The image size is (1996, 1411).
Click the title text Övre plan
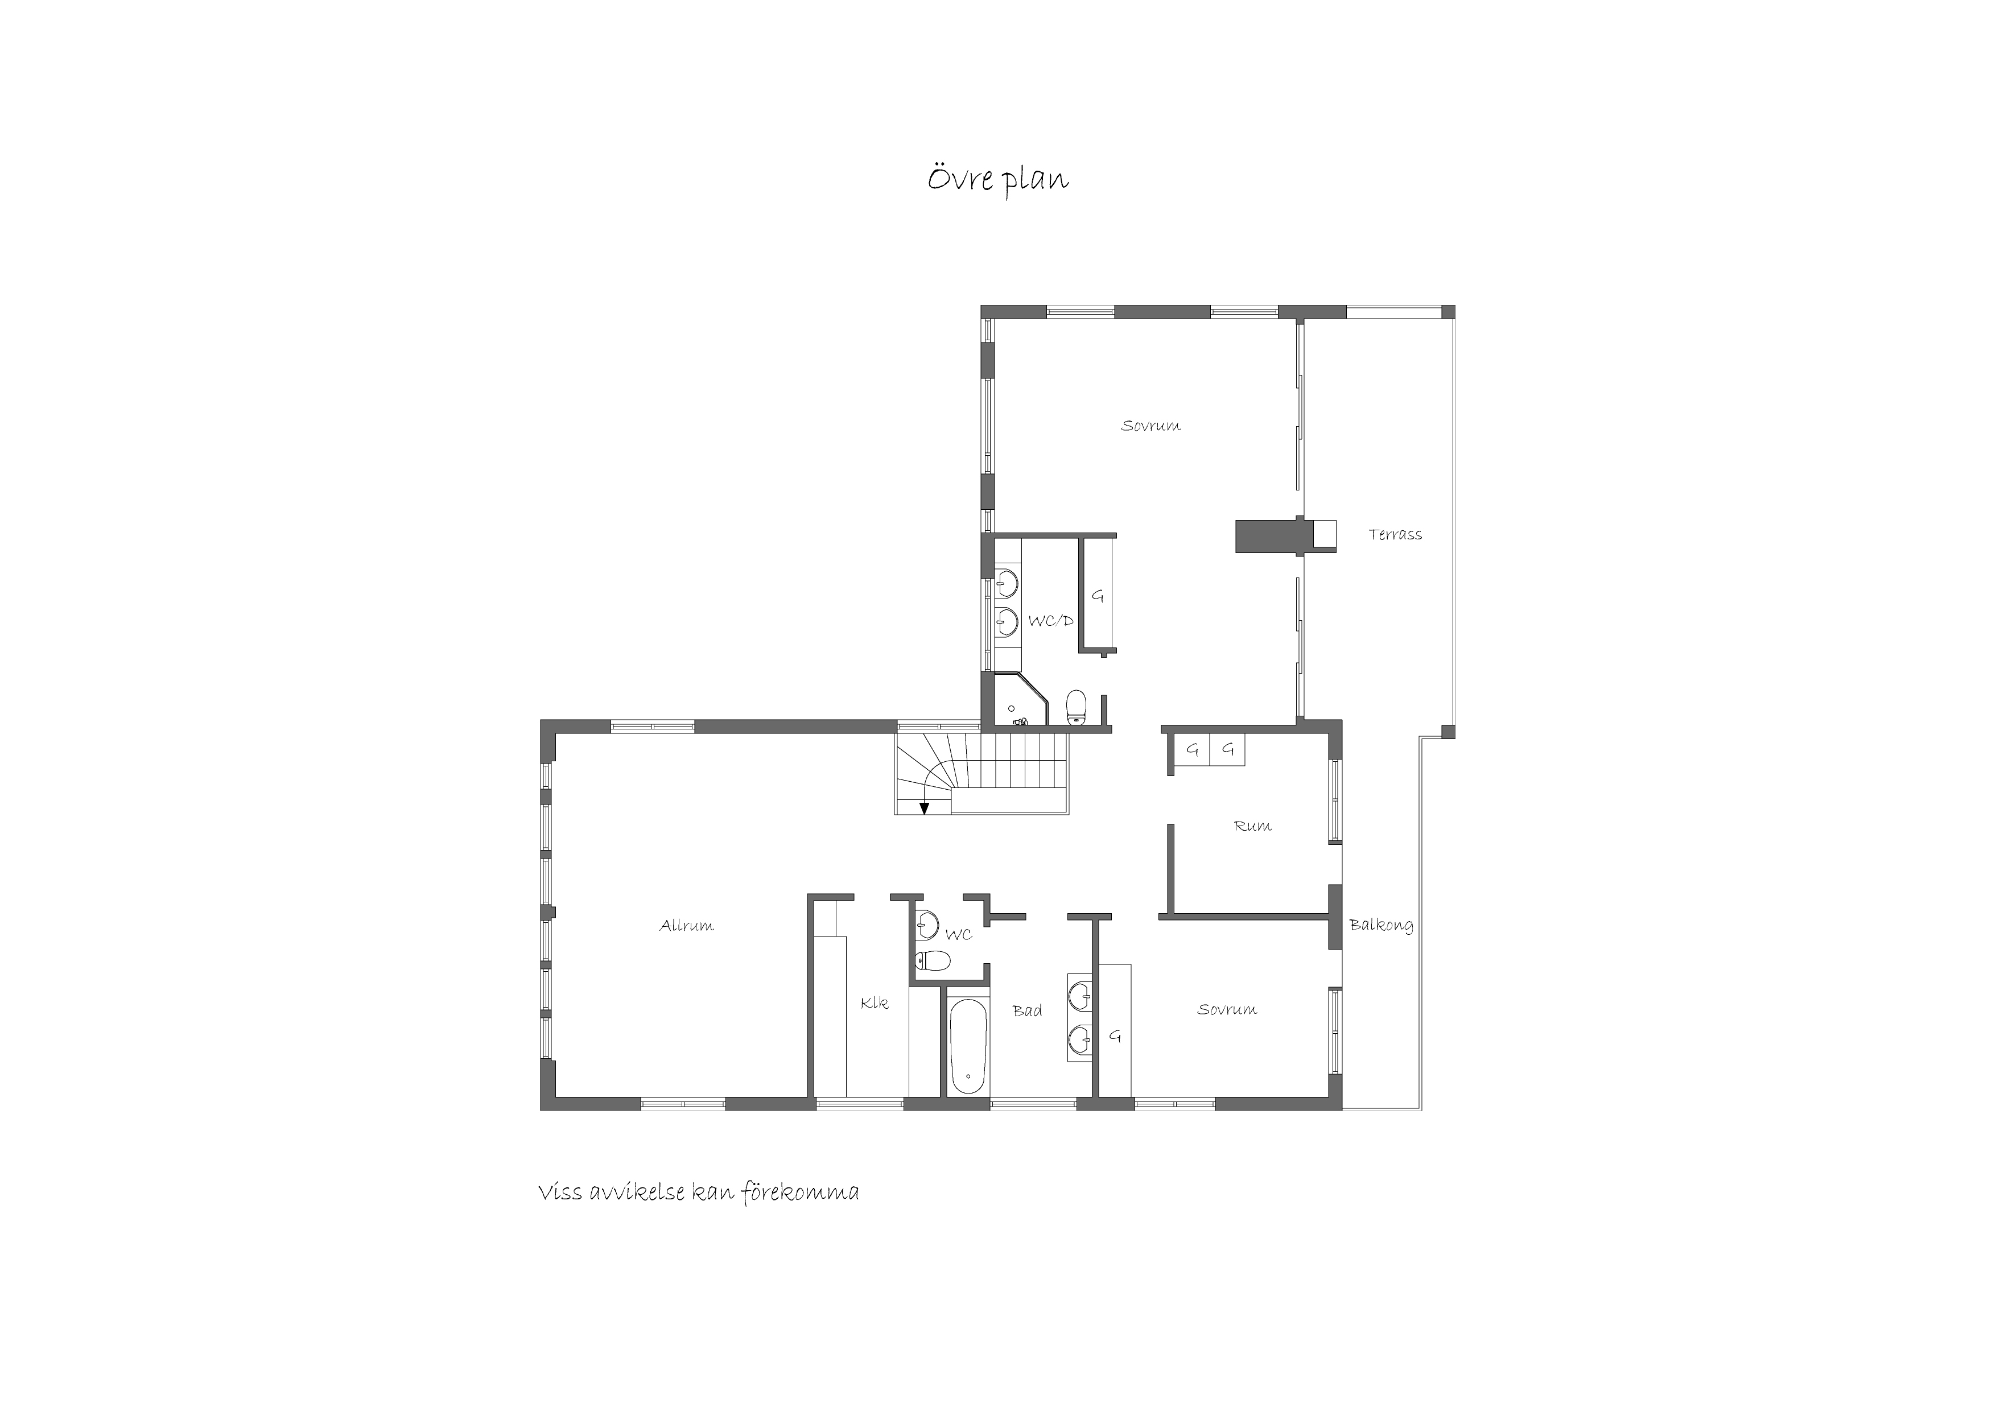[997, 180]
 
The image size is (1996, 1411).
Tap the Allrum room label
[687, 926]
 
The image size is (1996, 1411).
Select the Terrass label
[1395, 535]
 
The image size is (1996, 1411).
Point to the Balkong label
[1381, 926]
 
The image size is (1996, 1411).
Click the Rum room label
[1253, 826]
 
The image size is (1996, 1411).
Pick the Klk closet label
[875, 1002]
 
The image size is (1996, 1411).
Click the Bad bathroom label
[1028, 1011]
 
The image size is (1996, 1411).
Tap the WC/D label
[1051, 621]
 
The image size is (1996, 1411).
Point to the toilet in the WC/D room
[1077, 706]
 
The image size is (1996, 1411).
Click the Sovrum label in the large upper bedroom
[1150, 426]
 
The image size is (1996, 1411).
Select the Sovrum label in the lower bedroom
[1227, 1010]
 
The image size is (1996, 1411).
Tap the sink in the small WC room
[927, 923]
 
